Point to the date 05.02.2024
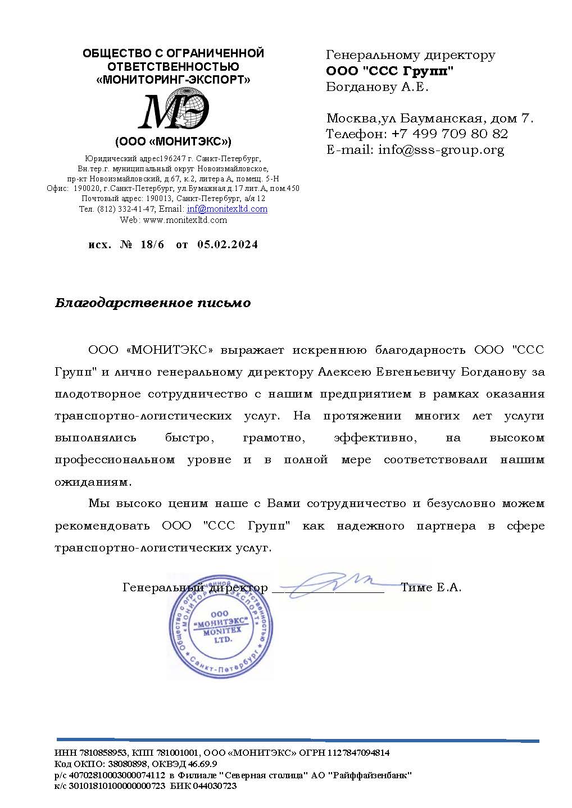(228, 245)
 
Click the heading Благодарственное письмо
(153, 303)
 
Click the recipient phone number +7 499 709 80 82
(450, 134)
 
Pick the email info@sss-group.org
(441, 150)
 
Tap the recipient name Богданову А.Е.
(377, 87)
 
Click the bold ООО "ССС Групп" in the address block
(389, 71)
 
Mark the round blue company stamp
(221, 627)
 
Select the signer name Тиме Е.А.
(431, 588)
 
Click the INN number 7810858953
(101, 753)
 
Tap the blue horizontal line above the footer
(298, 740)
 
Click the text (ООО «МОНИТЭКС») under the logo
(173, 141)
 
